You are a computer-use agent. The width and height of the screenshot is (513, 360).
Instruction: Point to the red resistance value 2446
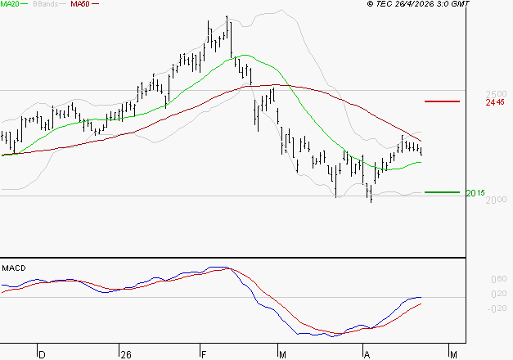494,103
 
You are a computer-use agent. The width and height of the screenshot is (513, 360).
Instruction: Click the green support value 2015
475,193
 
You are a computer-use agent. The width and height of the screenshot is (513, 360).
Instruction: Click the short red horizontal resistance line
443,101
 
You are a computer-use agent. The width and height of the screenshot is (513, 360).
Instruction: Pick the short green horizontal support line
443,192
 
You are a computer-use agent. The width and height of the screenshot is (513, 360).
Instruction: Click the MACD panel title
15,268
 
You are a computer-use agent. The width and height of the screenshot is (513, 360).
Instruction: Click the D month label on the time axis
43,354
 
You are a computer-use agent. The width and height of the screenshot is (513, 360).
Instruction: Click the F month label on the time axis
204,354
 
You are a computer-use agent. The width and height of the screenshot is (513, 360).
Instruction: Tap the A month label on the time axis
367,354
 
